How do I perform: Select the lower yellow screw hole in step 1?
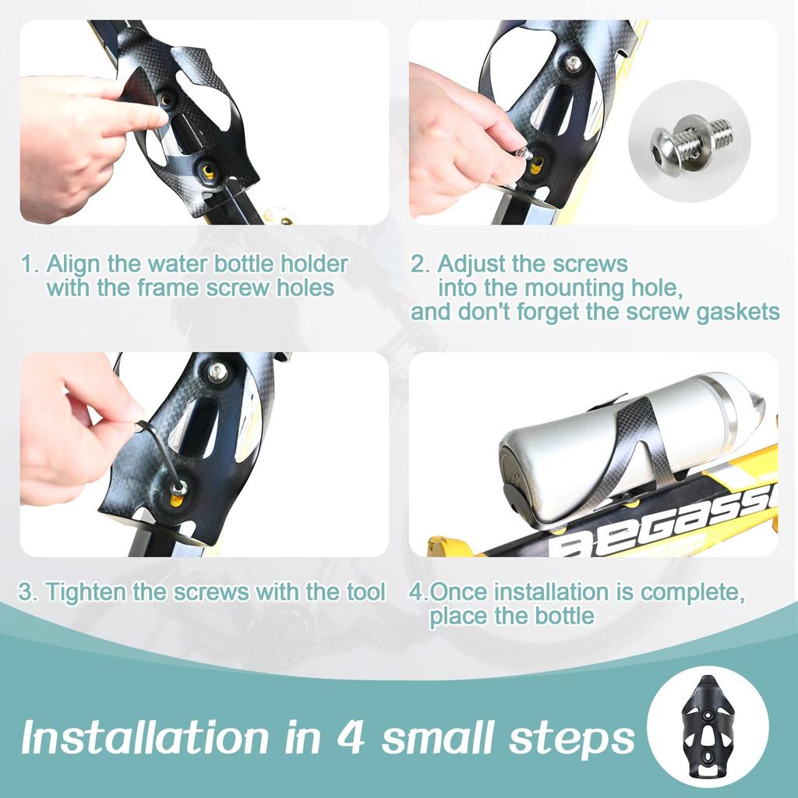point(207,171)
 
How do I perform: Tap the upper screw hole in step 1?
point(167,99)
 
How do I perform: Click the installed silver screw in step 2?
point(574,64)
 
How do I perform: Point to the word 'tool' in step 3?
point(365,591)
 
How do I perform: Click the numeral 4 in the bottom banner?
point(351,736)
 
